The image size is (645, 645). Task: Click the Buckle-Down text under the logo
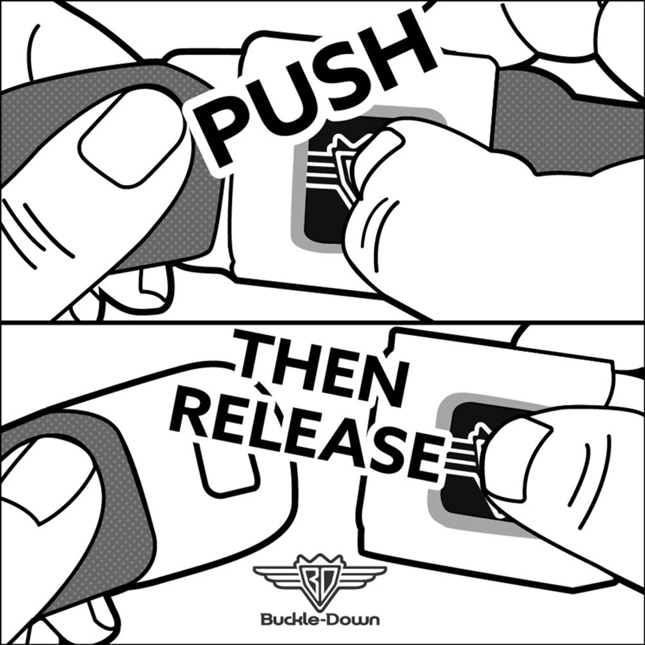coord(320,620)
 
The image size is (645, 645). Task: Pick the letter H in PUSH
coord(396,47)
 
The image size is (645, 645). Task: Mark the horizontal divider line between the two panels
coord(322,321)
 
